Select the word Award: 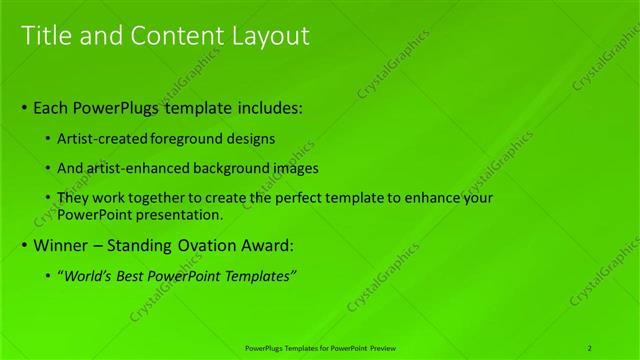pyautogui.click(x=264, y=244)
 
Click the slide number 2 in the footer pyautogui.click(x=590, y=347)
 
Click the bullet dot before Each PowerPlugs pyautogui.click(x=24, y=107)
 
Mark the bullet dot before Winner pyautogui.click(x=24, y=245)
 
